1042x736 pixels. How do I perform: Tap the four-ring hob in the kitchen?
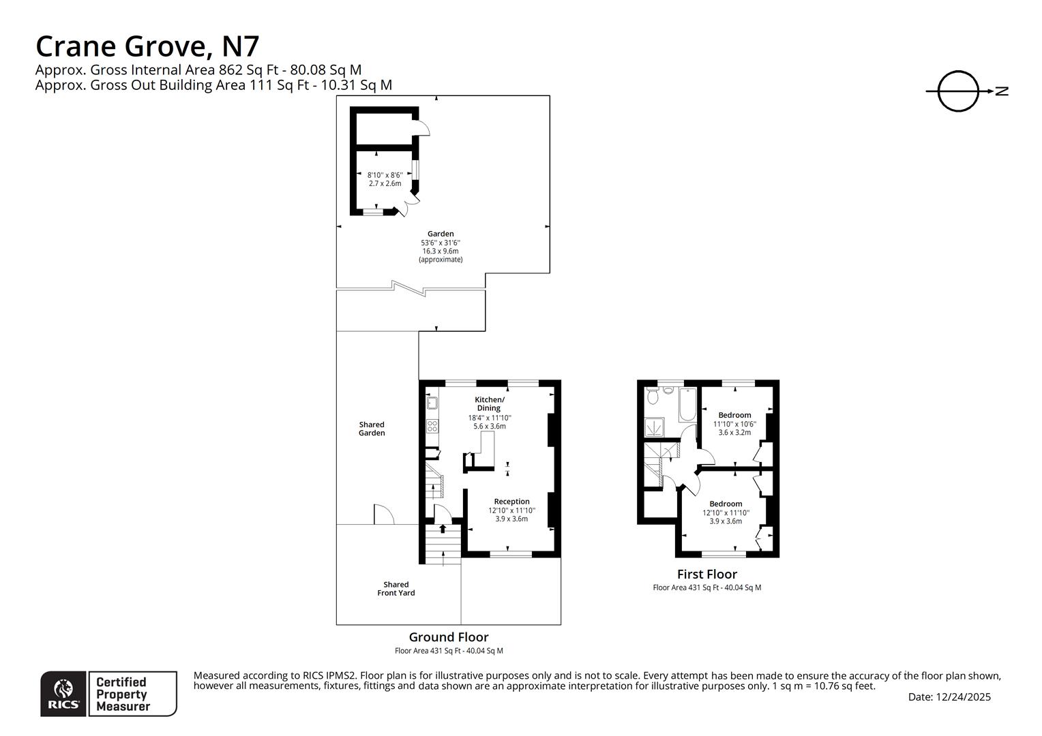[x=432, y=426]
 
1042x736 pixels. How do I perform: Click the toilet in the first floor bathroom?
[x=653, y=395]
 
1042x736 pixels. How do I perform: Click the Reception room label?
[x=511, y=502]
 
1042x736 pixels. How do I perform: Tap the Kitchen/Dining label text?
[x=490, y=403]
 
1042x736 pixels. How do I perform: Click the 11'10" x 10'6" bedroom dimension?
[x=734, y=424]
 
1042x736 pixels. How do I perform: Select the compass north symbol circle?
[x=958, y=91]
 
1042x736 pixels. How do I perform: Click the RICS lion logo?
[x=64, y=694]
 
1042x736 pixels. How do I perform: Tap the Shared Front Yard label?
[x=396, y=589]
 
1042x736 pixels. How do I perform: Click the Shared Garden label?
[x=372, y=429]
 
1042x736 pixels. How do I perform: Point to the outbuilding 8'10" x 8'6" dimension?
[x=385, y=175]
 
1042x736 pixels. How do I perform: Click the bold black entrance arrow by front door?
[x=443, y=528]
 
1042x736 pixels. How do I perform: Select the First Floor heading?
[x=706, y=574]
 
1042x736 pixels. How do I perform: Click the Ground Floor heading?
[x=449, y=637]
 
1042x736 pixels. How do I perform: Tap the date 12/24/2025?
[x=963, y=697]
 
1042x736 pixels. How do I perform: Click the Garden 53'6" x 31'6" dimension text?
[x=441, y=243]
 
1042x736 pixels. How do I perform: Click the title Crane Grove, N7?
[x=147, y=46]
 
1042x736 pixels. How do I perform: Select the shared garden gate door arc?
[x=383, y=515]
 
